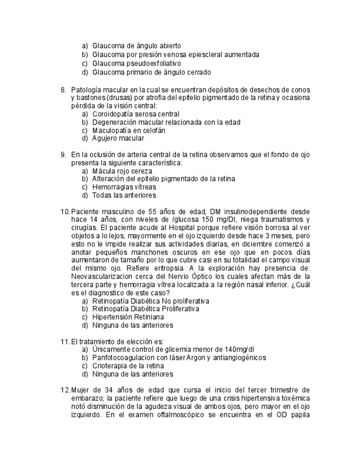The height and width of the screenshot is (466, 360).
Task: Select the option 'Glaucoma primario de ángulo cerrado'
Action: tap(151, 72)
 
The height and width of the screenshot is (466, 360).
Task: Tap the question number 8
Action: tap(63, 90)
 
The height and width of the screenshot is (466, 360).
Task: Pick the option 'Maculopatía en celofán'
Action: tap(129, 130)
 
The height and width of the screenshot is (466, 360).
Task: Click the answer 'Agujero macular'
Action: tap(118, 138)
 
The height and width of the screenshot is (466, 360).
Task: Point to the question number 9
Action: tap(63, 154)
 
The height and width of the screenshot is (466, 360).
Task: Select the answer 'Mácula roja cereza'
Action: tap(124, 171)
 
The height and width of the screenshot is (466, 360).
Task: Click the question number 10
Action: tap(65, 212)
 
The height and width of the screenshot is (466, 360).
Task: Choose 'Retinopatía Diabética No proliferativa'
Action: tap(151, 301)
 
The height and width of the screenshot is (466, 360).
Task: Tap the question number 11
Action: tap(65, 341)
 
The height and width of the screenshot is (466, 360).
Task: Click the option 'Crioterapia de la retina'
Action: tap(128, 365)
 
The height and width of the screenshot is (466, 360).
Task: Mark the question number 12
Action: tap(65, 390)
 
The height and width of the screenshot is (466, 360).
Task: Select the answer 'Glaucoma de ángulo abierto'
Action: tap(136, 46)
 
